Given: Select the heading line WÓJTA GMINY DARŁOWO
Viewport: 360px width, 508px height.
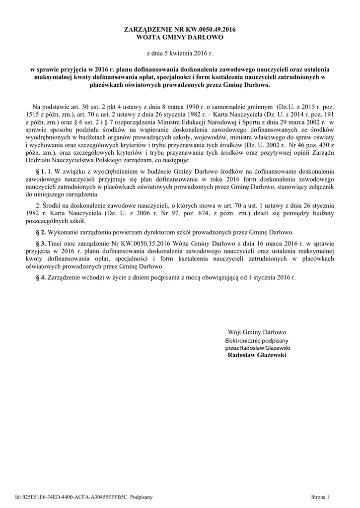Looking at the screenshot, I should (180, 37).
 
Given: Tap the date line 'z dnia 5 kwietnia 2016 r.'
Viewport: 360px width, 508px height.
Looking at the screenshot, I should (179, 52).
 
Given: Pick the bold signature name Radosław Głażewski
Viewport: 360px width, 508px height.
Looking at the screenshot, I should (257, 355).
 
